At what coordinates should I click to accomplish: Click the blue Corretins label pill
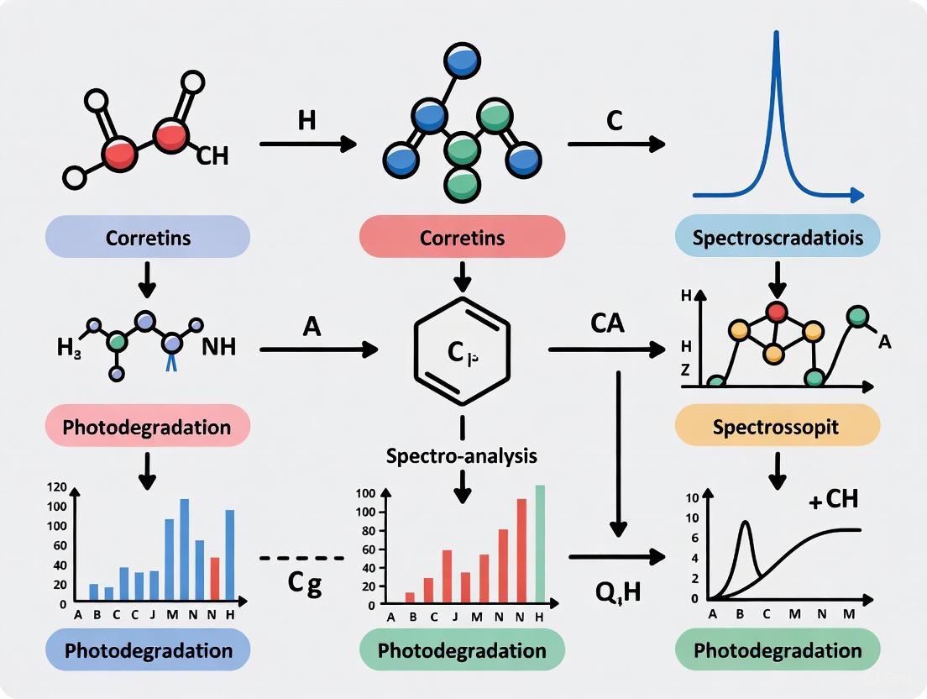tap(149, 237)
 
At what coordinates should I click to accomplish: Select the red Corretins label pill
tap(462, 237)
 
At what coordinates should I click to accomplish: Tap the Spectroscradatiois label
tap(778, 237)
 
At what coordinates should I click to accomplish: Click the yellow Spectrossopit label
tap(776, 427)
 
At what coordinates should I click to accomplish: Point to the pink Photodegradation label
tap(148, 426)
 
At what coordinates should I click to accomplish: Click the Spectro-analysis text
tap(461, 456)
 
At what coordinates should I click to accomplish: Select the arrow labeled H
tap(307, 145)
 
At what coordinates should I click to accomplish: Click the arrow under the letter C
tap(615, 145)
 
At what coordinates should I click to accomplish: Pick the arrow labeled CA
tap(605, 349)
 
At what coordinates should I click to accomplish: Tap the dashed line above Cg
tap(302, 558)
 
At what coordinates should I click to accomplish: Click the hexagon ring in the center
tap(461, 350)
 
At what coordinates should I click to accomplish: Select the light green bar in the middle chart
tap(540, 544)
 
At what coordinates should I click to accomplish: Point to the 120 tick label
tap(57, 488)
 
